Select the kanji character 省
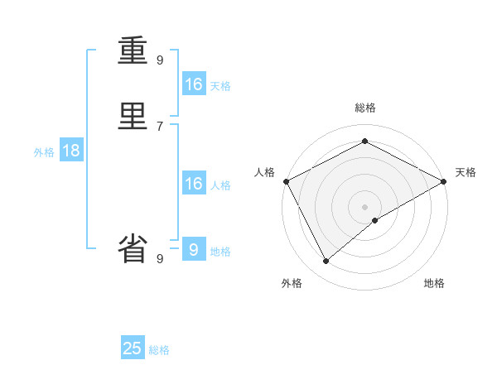coord(133,249)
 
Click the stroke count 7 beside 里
coord(160,126)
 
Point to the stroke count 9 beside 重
coord(160,60)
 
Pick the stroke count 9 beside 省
coord(160,258)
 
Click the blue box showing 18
coord(70,151)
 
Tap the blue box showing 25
coord(133,348)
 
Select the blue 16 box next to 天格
coord(194,84)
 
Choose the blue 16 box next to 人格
coord(194,184)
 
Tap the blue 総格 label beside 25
coord(159,350)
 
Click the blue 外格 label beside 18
coord(44,152)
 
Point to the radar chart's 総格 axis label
coord(364,108)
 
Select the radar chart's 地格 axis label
coord(434,283)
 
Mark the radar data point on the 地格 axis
coord(375,220)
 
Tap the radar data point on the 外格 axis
coord(326,262)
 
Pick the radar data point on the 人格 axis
coord(286,181)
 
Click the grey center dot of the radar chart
coord(364,207)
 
